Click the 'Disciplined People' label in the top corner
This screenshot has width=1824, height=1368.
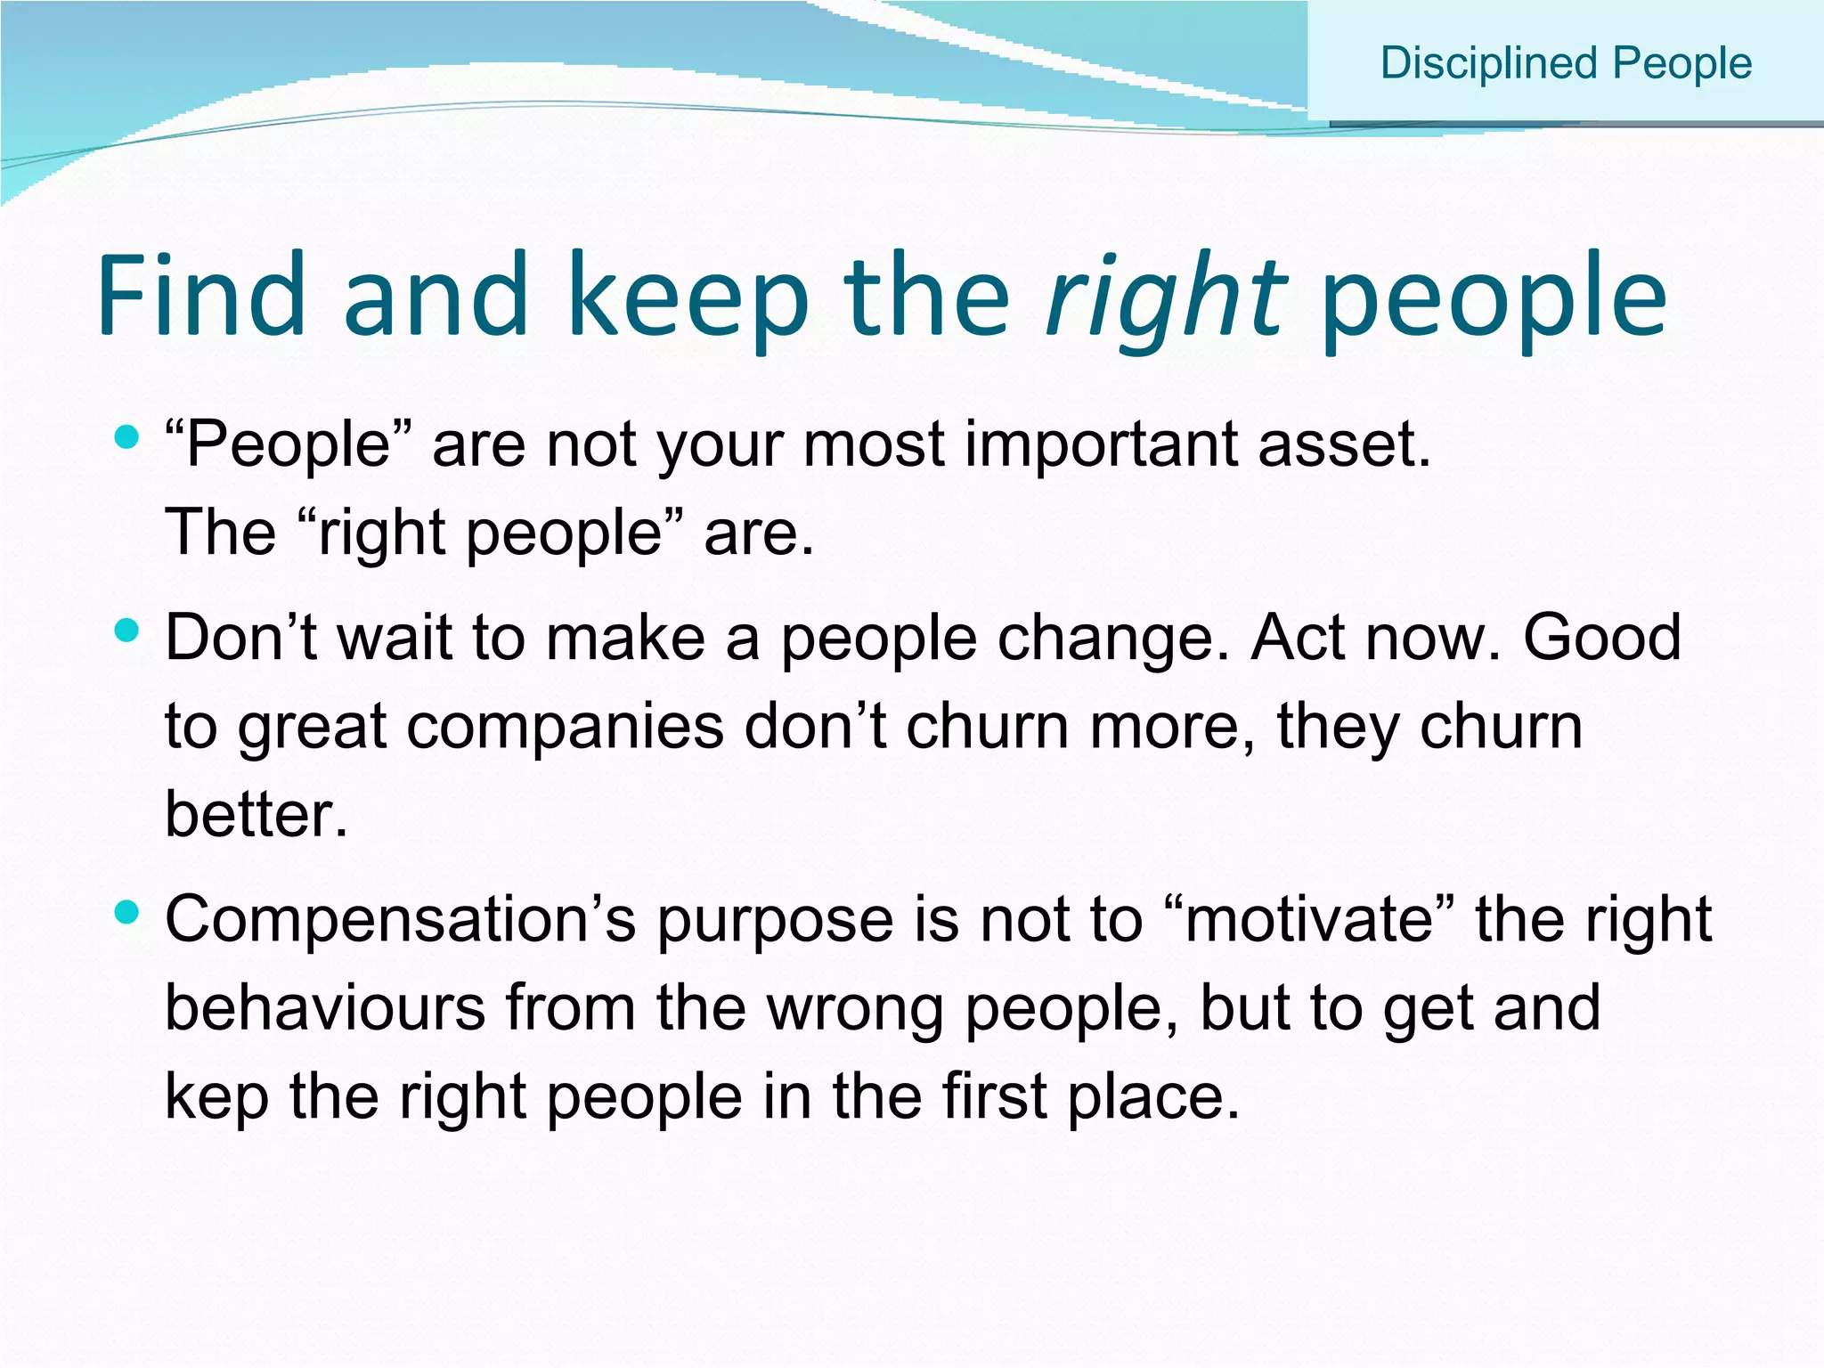pyautogui.click(x=1566, y=64)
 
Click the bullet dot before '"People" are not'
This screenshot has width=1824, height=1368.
pyautogui.click(x=127, y=436)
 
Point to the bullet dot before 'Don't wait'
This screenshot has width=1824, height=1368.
pyautogui.click(x=127, y=631)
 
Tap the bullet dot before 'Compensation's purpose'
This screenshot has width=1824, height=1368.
pyautogui.click(x=127, y=912)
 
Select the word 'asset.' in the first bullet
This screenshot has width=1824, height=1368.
pyautogui.click(x=1344, y=444)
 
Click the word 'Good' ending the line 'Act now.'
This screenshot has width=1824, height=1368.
pyautogui.click(x=1601, y=638)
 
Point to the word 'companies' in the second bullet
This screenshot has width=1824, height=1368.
pyautogui.click(x=566, y=726)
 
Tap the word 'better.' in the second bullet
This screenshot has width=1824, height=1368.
pyautogui.click(x=256, y=814)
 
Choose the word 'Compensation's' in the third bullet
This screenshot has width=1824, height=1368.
pyautogui.click(x=401, y=919)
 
